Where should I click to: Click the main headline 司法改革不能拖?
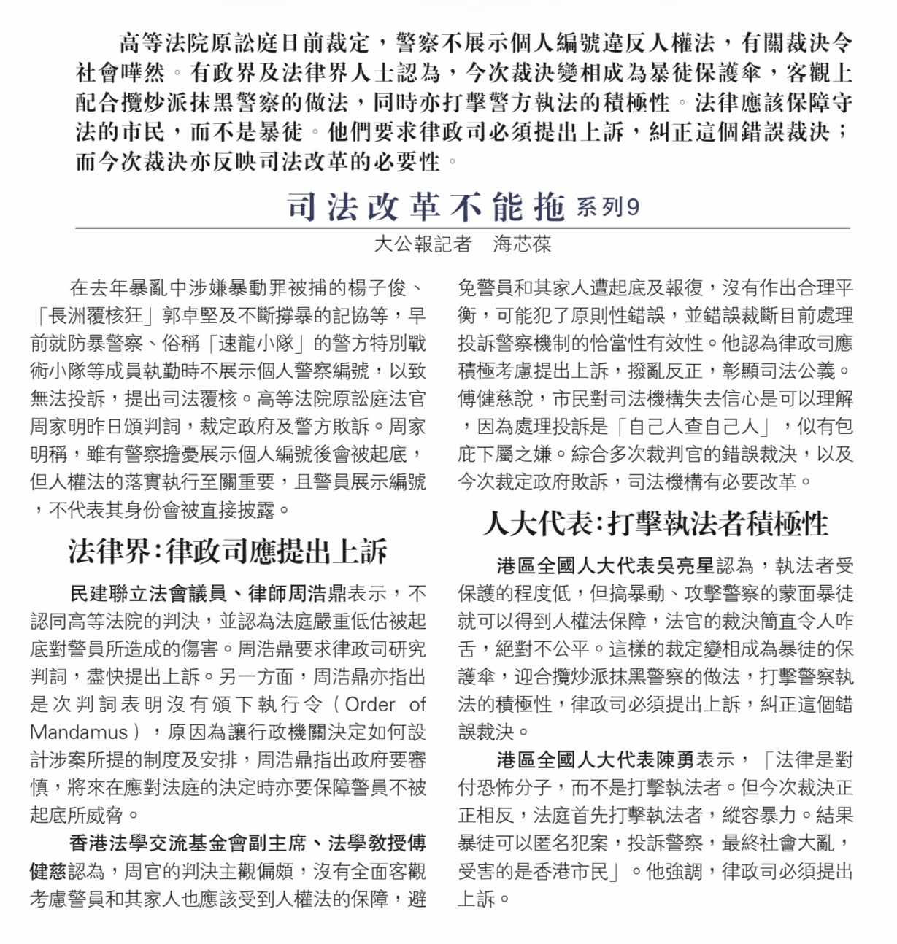tap(426, 207)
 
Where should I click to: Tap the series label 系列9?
tap(607, 207)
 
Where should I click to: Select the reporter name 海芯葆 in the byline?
tap(522, 244)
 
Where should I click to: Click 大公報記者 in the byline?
tap(423, 244)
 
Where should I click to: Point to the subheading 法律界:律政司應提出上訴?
tap(228, 552)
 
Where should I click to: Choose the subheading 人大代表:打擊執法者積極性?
tap(655, 524)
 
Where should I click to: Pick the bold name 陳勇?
tap(675, 760)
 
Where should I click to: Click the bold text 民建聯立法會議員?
tap(148, 594)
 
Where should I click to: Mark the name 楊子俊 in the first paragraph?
tap(377, 288)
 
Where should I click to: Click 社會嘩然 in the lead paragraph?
tap(120, 74)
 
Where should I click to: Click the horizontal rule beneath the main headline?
tap(463, 228)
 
